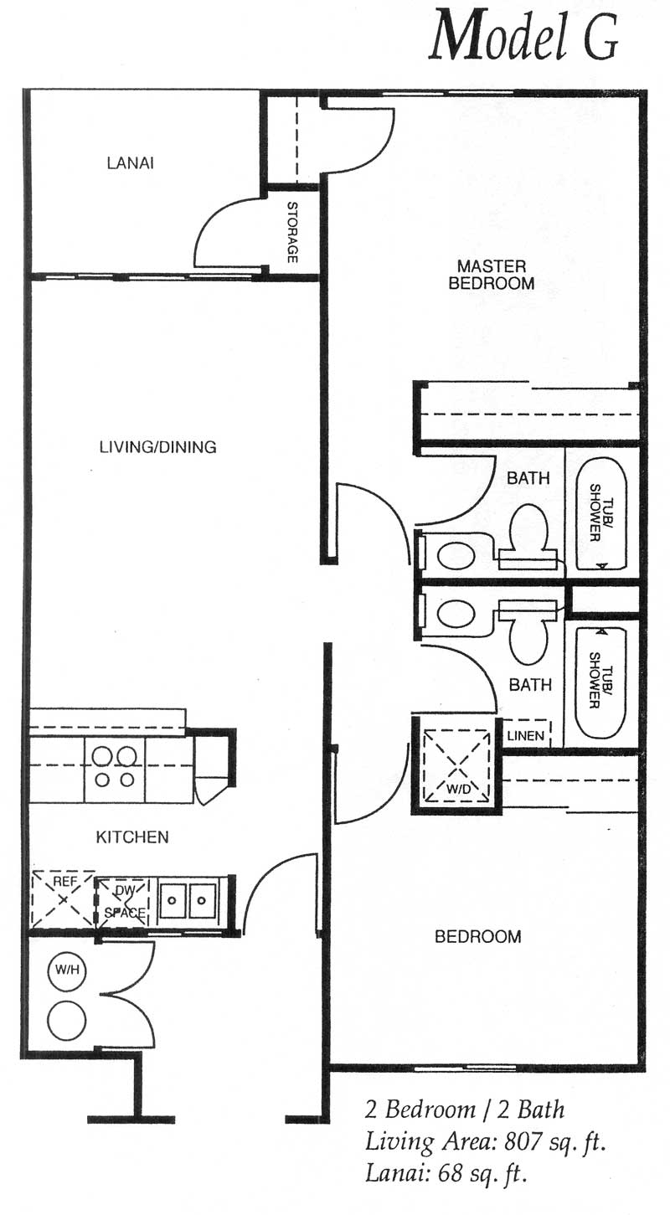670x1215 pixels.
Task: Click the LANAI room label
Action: [x=130, y=162]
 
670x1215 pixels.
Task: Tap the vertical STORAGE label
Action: [x=292, y=232]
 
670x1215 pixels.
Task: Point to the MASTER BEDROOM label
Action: [x=492, y=275]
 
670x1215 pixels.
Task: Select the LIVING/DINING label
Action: [x=158, y=447]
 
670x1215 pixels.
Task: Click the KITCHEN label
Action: [x=132, y=837]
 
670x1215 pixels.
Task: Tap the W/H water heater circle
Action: [x=67, y=969]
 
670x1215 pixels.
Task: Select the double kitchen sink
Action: [x=188, y=901]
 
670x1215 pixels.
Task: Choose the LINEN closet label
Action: [x=526, y=736]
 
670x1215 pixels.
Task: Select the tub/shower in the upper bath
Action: [x=600, y=514]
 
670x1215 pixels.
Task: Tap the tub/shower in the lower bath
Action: [x=600, y=683]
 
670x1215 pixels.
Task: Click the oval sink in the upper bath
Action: [x=456, y=555]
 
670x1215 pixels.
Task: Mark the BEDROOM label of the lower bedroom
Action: [x=478, y=937]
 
